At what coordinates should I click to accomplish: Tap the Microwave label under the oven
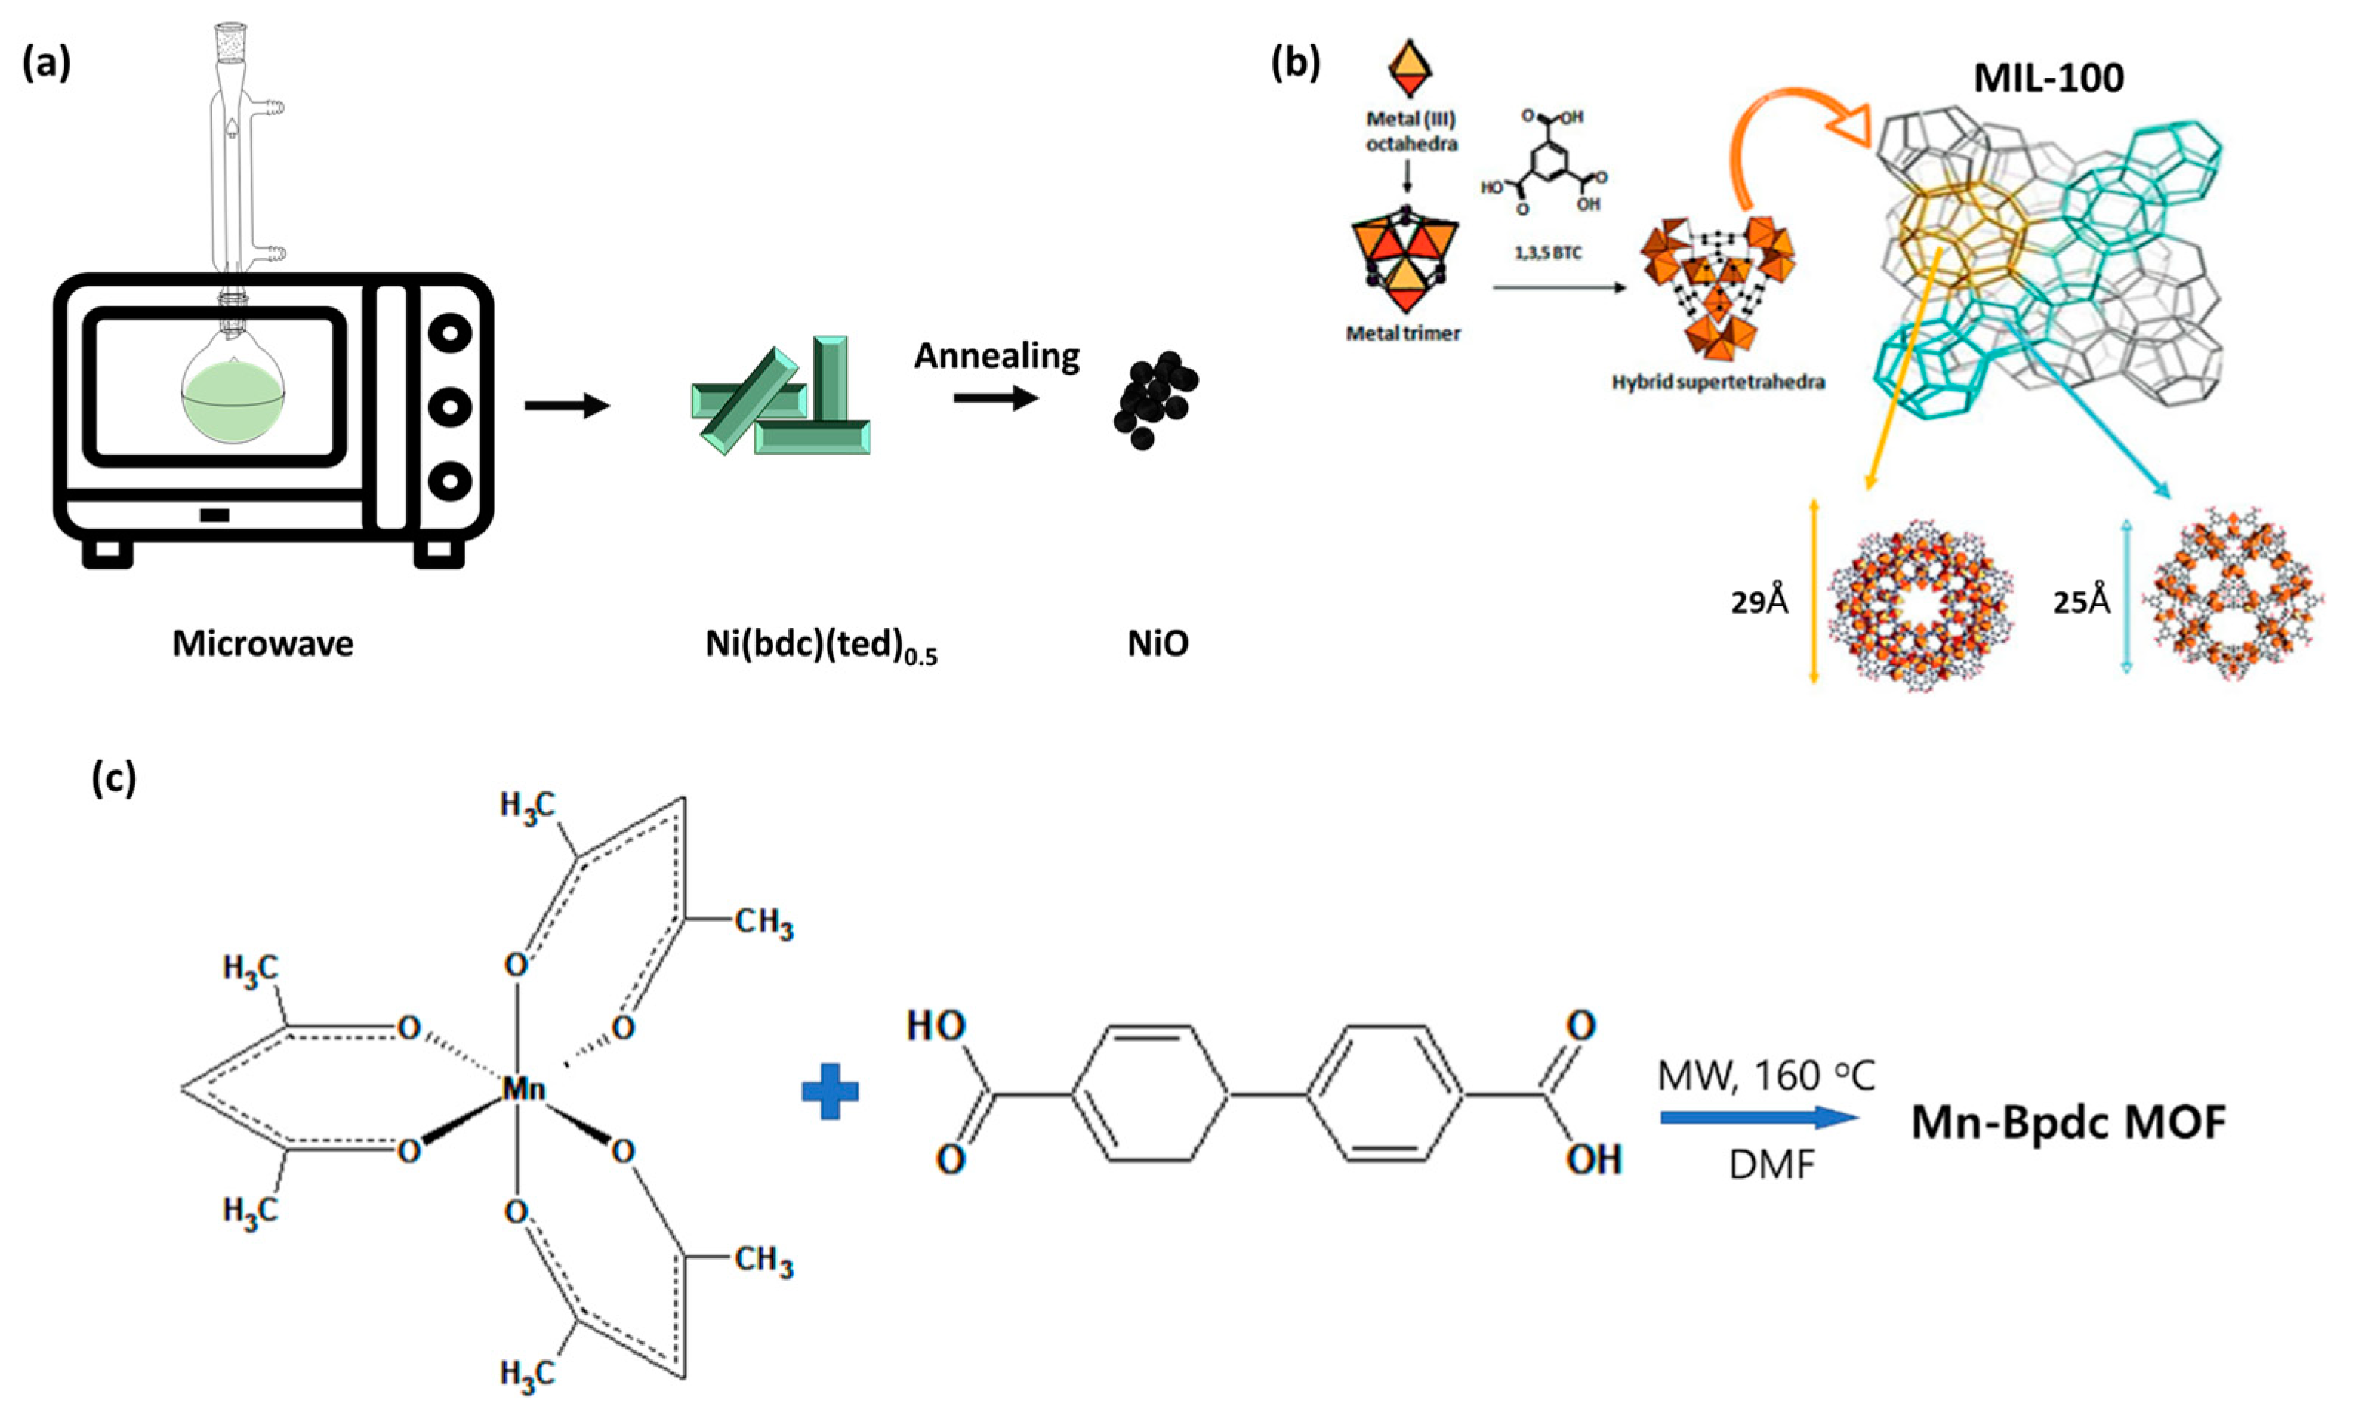pyautogui.click(x=263, y=643)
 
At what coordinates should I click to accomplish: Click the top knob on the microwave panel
pyautogui.click(x=449, y=335)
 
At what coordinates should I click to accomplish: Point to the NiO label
pyautogui.click(x=1158, y=643)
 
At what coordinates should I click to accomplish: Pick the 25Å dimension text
pyautogui.click(x=2082, y=602)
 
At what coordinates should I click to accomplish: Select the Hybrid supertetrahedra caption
pyautogui.click(x=1718, y=382)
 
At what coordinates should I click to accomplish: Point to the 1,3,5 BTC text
pyautogui.click(x=1547, y=253)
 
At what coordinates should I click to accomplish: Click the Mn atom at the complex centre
pyautogui.click(x=523, y=1087)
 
